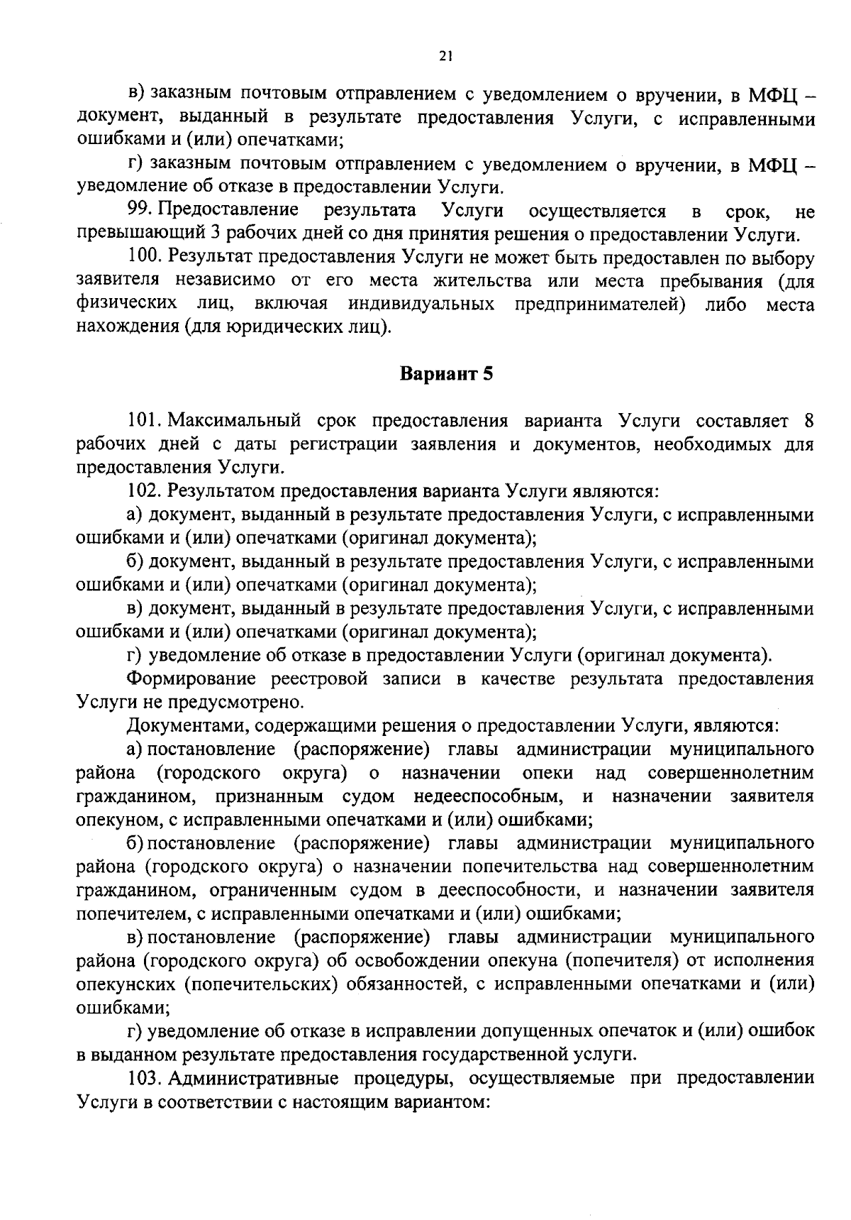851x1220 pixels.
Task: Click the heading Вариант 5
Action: tap(446, 374)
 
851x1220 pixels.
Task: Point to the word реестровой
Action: tap(319, 679)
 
